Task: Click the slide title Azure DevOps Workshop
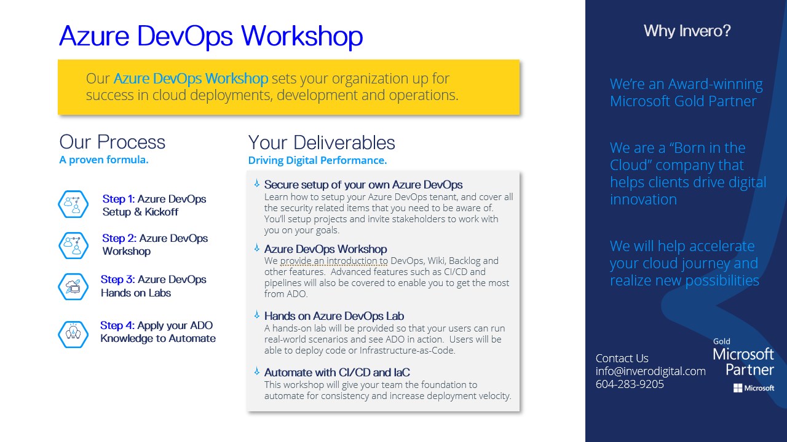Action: pyautogui.click(x=211, y=37)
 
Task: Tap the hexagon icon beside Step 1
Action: pyautogui.click(x=73, y=204)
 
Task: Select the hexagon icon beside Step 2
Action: pyautogui.click(x=73, y=246)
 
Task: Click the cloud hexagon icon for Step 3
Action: pyautogui.click(x=73, y=287)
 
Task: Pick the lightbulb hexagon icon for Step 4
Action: pyautogui.click(x=73, y=335)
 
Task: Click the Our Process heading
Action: pyautogui.click(x=112, y=142)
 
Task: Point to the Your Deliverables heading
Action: pyautogui.click(x=322, y=143)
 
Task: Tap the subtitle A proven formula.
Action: pyautogui.click(x=104, y=160)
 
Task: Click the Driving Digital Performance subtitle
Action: pyautogui.click(x=317, y=160)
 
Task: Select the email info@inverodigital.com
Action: pyautogui.click(x=651, y=371)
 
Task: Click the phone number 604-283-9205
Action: pyautogui.click(x=630, y=384)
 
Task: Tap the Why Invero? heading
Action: pyautogui.click(x=687, y=31)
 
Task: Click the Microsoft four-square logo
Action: pyautogui.click(x=738, y=388)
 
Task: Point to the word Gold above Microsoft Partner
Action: pyautogui.click(x=722, y=341)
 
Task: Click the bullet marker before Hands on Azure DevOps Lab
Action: pyautogui.click(x=257, y=315)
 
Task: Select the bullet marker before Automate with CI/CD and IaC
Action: pyautogui.click(x=257, y=371)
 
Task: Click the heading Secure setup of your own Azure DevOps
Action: pyautogui.click(x=363, y=185)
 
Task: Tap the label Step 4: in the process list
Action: pyautogui.click(x=117, y=325)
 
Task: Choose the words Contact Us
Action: pyautogui.click(x=622, y=358)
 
